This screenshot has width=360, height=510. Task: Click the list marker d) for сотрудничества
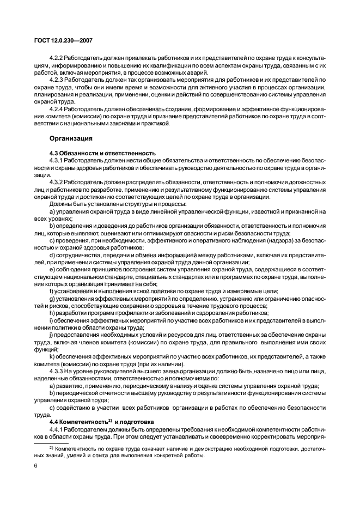coord(52,254)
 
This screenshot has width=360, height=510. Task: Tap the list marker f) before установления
coord(52,290)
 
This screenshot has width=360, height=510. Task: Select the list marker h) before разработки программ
coord(52,313)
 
